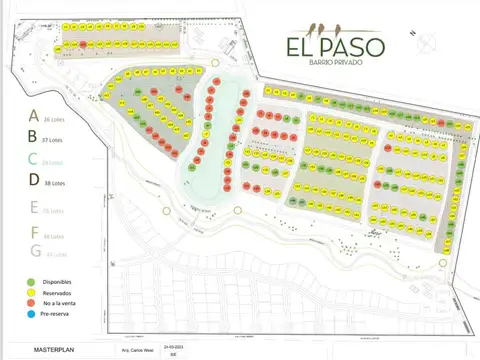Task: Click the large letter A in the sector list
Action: click(x=33, y=116)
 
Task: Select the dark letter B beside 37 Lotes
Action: click(x=33, y=137)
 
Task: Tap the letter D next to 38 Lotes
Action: click(x=33, y=181)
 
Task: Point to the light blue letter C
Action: click(x=33, y=159)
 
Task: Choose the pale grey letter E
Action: click(x=33, y=208)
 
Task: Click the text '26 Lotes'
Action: click(x=55, y=119)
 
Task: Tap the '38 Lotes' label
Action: click(x=56, y=182)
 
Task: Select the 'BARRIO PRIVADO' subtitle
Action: click(x=321, y=63)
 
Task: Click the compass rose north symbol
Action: click(x=427, y=41)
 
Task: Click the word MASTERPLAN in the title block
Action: click(x=56, y=351)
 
